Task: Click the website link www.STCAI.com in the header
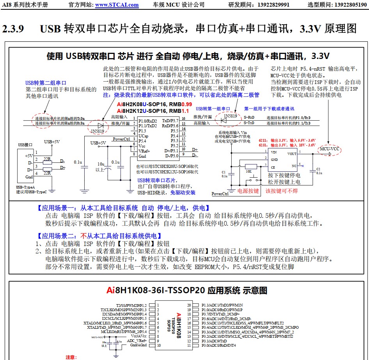coord(117,5)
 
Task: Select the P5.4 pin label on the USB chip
coord(143,140)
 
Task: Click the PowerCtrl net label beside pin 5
coord(121,139)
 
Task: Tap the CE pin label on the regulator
coord(274,166)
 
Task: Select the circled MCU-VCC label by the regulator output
coord(329,149)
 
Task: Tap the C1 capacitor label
coord(224,172)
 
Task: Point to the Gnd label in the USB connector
coord(29,177)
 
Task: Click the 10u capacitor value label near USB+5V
coord(101,164)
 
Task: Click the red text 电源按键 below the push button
coord(248,191)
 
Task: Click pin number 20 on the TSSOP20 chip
coord(189,305)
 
